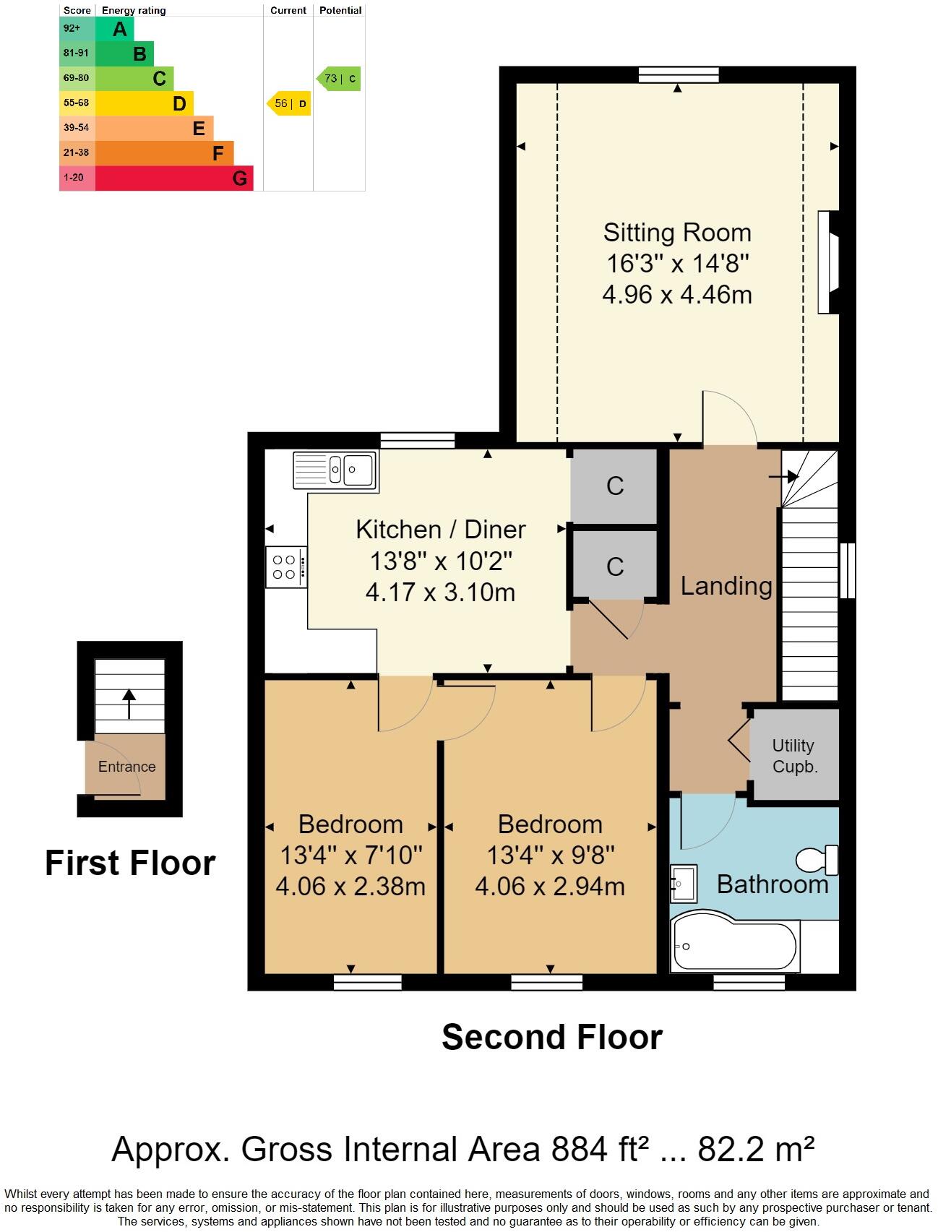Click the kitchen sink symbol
click(x=335, y=470)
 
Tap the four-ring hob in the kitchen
click(x=285, y=567)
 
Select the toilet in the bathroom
click(x=817, y=860)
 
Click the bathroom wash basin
click(x=683, y=883)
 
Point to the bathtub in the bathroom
click(x=733, y=947)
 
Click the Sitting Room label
click(x=677, y=233)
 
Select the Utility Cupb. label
click(x=793, y=756)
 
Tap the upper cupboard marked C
click(x=614, y=486)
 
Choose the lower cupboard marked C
click(x=614, y=566)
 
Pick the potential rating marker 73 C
click(x=339, y=79)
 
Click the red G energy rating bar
click(x=173, y=178)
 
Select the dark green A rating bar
click(x=114, y=30)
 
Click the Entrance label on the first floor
click(x=126, y=767)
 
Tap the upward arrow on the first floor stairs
click(x=129, y=703)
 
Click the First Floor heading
click(x=130, y=863)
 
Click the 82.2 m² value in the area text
click(x=755, y=1149)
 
